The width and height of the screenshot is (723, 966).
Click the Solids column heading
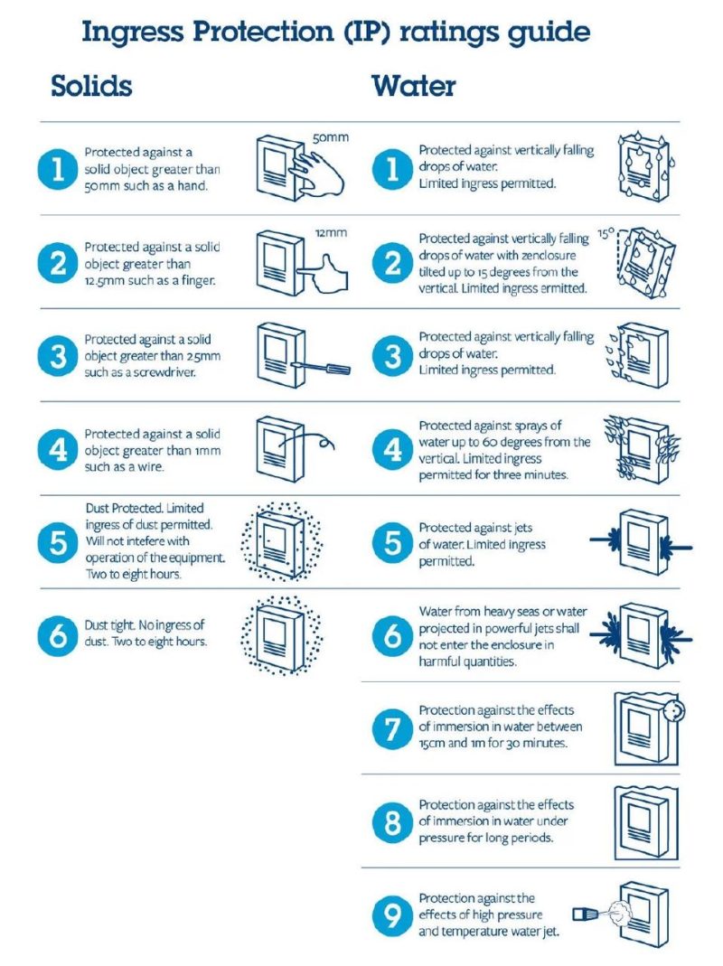pos(91,86)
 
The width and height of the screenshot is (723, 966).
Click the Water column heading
pos(414,86)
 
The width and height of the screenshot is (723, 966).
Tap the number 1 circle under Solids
pos(58,168)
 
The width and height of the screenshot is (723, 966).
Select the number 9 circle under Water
pos(392,914)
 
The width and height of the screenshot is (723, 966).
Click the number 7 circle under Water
pos(392,728)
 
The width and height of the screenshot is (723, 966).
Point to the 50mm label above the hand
pos(331,137)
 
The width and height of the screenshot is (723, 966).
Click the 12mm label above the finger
pos(331,233)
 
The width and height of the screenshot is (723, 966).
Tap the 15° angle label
pos(606,234)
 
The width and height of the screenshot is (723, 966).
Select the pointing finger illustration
pos(324,274)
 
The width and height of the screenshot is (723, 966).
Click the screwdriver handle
pos(338,369)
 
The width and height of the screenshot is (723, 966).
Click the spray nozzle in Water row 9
pos(586,914)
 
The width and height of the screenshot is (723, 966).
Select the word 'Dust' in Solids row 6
pos(96,624)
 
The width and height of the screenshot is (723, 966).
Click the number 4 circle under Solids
pos(58,450)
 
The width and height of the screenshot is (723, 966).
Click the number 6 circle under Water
pos(392,635)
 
